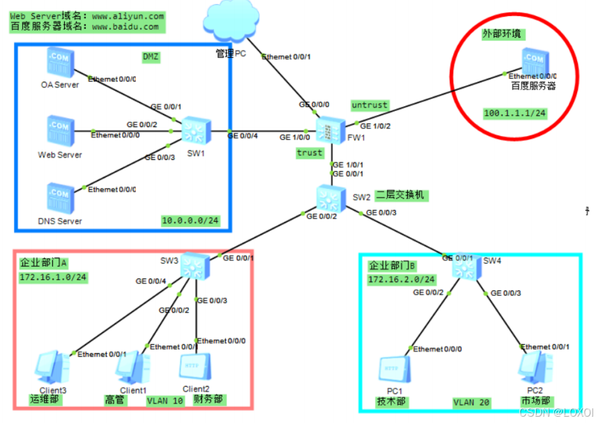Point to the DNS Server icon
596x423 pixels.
[x=59, y=198]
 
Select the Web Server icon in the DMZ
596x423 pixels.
[x=59, y=131]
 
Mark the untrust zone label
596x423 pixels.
[x=369, y=105]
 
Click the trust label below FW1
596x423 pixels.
[x=310, y=152]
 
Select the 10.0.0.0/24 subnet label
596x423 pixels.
[x=190, y=221]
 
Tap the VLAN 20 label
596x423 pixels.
[x=472, y=402]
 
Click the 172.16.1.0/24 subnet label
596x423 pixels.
[x=52, y=277]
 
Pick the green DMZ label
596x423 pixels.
[x=151, y=58]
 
